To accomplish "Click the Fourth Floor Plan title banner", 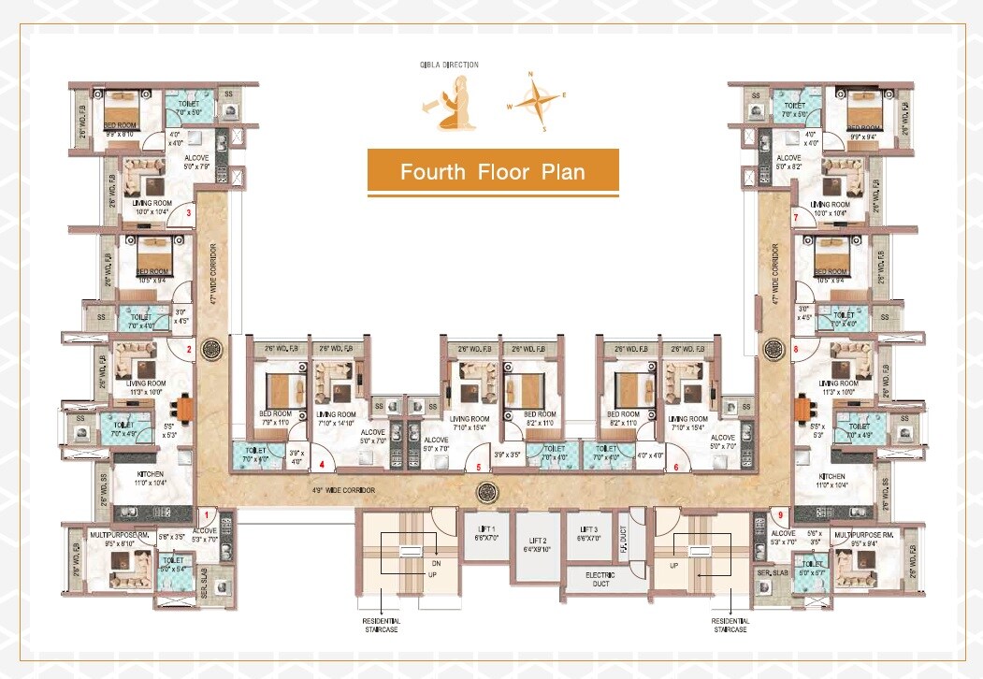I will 492,172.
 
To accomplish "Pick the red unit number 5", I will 478,467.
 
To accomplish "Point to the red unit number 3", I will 189,214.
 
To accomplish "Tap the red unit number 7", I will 795,218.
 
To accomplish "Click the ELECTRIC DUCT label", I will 599,579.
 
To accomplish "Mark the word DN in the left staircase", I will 436,563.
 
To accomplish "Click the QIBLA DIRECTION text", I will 449,65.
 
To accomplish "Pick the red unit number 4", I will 322,465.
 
